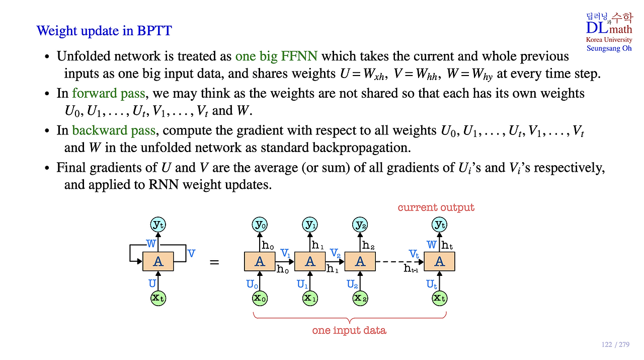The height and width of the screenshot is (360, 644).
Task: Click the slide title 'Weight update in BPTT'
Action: coord(104,31)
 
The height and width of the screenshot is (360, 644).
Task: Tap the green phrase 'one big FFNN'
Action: coord(276,56)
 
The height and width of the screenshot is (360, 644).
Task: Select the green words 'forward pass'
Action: coord(108,93)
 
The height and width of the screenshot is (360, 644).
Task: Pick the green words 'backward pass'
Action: coord(114,130)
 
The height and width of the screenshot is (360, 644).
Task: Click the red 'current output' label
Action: coord(436,207)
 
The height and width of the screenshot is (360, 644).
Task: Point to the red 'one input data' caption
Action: coord(349,330)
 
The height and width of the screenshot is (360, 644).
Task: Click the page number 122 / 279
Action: coord(615,344)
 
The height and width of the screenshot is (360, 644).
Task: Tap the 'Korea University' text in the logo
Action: coord(609,40)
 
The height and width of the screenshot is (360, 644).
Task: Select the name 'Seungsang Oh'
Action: coord(609,48)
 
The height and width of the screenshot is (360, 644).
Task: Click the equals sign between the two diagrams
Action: coord(214,262)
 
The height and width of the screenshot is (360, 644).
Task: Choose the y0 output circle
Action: coord(260,225)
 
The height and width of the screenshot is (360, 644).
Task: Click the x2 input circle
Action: coord(360,298)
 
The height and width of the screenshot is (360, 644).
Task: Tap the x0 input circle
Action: coord(260,298)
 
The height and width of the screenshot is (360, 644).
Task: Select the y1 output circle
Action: coord(310,225)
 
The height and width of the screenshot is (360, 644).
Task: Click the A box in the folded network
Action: coord(158,261)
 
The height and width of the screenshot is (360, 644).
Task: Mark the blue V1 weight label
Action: coord(285,253)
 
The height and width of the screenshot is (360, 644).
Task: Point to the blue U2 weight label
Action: coord(352,284)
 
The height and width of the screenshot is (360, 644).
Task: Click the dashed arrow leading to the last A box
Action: coord(399,262)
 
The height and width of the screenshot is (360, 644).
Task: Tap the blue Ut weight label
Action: coord(432,284)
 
